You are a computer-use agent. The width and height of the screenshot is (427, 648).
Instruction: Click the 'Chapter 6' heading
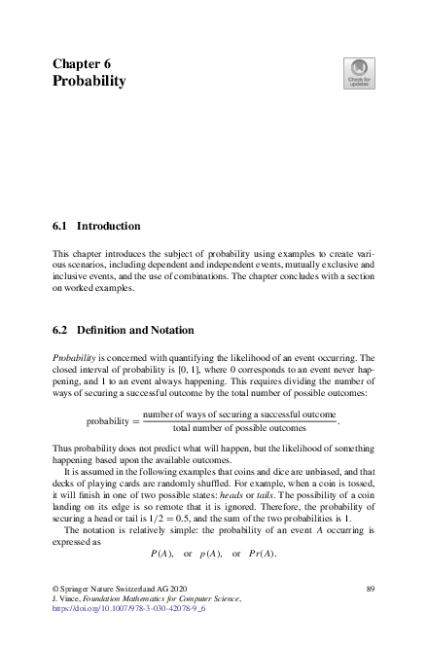(x=83, y=63)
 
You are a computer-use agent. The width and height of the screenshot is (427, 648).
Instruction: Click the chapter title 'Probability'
(x=89, y=82)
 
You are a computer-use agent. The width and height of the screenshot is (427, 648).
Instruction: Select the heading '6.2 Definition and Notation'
(x=124, y=330)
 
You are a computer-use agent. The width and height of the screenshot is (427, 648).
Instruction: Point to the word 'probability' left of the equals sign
(x=109, y=421)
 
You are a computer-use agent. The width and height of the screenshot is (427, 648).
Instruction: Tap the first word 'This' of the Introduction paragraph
(x=61, y=251)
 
